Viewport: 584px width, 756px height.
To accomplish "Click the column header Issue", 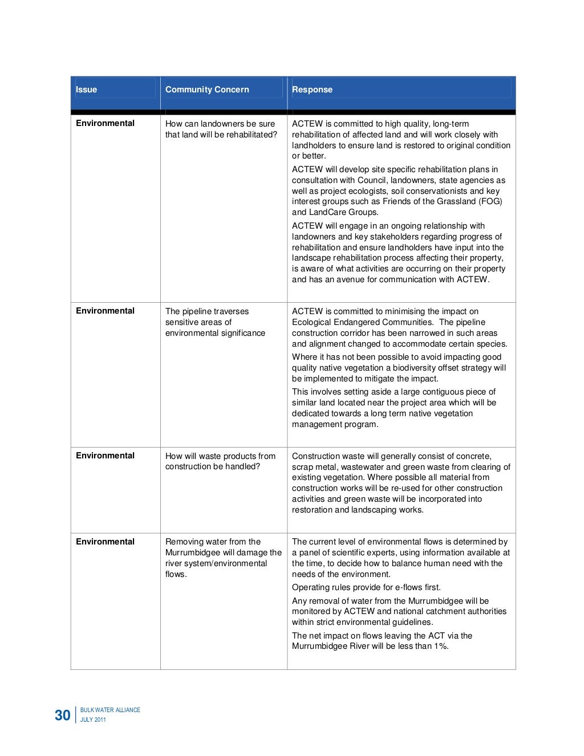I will point(87,90).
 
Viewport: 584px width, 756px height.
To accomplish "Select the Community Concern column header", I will point(207,90).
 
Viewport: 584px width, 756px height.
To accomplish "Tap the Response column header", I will point(312,90).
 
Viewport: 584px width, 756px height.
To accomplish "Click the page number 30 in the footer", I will point(62,716).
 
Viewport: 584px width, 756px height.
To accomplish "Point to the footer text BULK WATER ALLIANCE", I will point(110,710).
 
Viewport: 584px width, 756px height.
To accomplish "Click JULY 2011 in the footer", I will point(93,720).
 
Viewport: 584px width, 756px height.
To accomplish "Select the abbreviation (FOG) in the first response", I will point(490,201).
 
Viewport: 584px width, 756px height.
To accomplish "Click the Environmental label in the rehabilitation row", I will point(105,123).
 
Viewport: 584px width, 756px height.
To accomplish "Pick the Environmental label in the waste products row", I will point(105,456).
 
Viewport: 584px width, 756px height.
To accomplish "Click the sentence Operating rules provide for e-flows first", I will point(366,588).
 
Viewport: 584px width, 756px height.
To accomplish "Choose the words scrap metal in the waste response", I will point(313,467).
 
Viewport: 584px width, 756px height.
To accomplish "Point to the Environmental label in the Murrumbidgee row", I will point(105,542).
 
